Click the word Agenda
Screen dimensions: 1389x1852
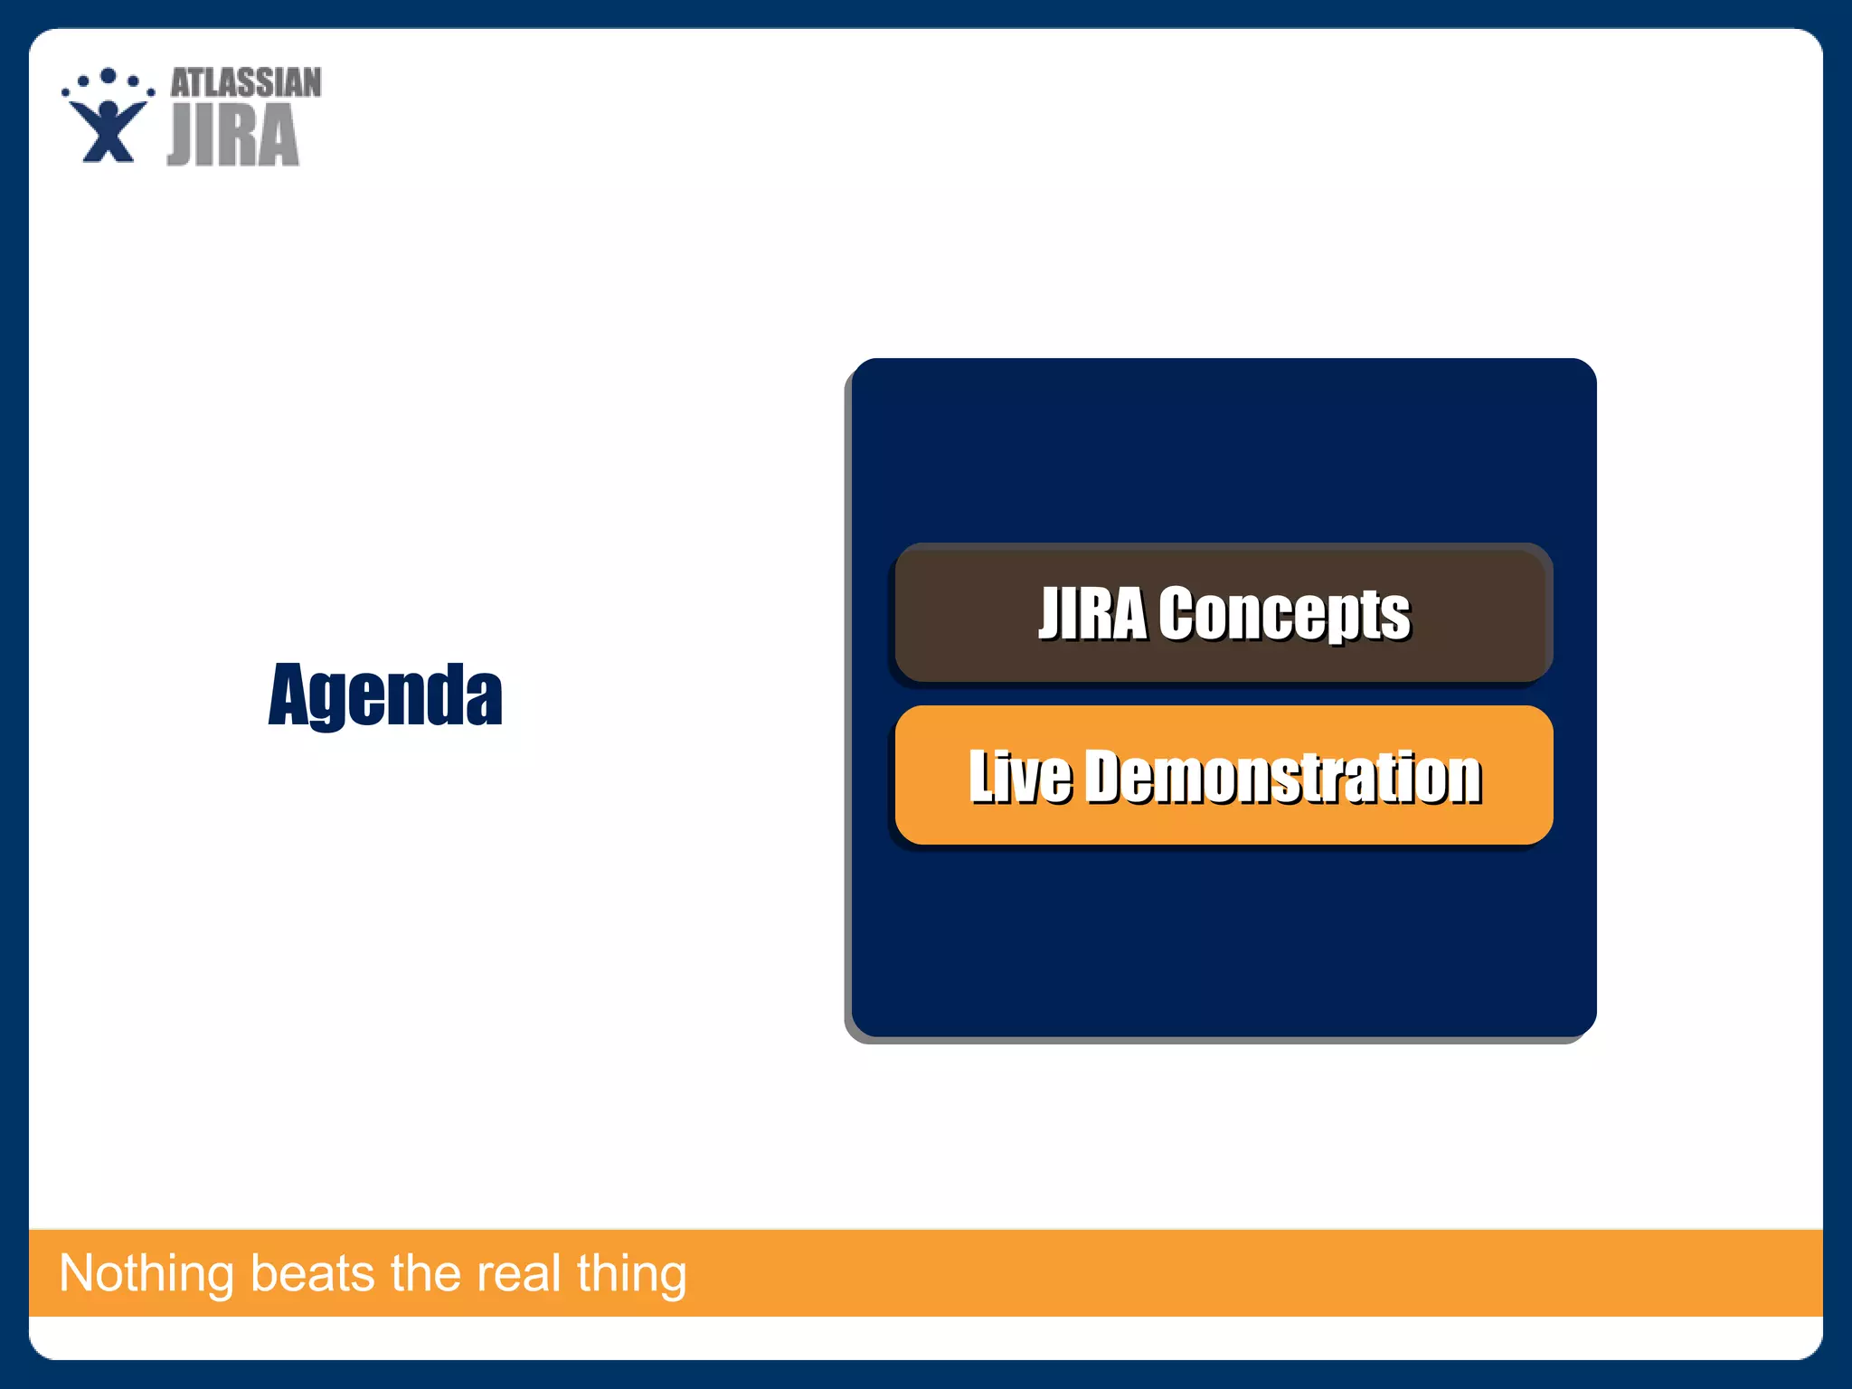point(385,694)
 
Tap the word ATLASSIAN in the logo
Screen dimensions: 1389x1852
point(246,83)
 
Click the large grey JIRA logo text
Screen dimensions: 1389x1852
point(233,136)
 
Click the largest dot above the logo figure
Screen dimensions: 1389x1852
point(109,76)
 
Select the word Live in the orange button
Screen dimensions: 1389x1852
point(1019,776)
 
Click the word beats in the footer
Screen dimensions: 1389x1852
point(312,1273)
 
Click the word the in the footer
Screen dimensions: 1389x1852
point(425,1273)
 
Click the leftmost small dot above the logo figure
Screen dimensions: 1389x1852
point(66,91)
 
